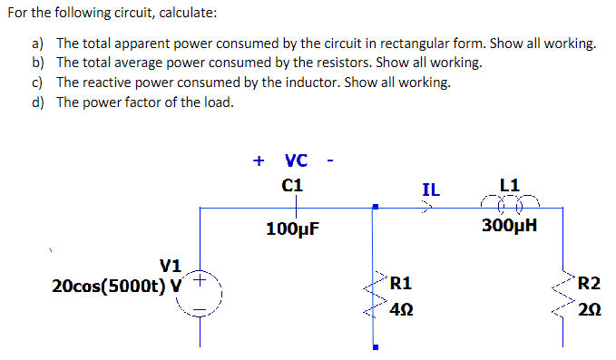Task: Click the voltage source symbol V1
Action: [x=201, y=296]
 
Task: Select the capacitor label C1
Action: [x=292, y=185]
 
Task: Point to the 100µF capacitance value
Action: [x=292, y=228]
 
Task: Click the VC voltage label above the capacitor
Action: [x=296, y=161]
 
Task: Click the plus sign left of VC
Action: [x=259, y=161]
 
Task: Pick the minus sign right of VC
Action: [x=331, y=162]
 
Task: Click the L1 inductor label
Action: [x=510, y=185]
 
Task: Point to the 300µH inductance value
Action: [x=510, y=225]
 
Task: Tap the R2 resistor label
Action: [x=590, y=283]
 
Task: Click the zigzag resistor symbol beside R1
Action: [x=374, y=295]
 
